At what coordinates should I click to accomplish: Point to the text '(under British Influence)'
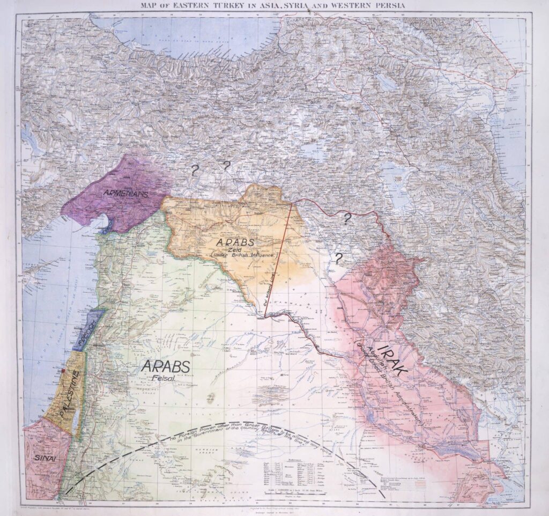point(244,256)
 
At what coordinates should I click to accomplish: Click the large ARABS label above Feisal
point(165,366)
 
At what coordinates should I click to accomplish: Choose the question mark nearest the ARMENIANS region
point(194,170)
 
